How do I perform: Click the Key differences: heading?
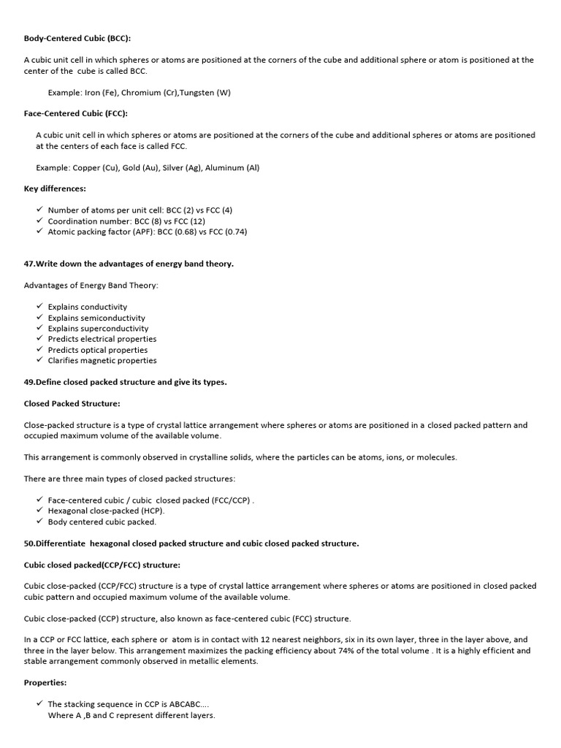coord(55,188)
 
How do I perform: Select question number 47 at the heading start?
coord(30,264)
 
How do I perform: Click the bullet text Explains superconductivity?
coord(98,329)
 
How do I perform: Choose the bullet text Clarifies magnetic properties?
coord(102,360)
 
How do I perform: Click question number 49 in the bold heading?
coord(30,382)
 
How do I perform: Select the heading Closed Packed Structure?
coord(72,403)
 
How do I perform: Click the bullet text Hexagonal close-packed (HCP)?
coord(106,511)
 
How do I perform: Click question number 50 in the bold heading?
coord(30,543)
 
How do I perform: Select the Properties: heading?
coord(45,682)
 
